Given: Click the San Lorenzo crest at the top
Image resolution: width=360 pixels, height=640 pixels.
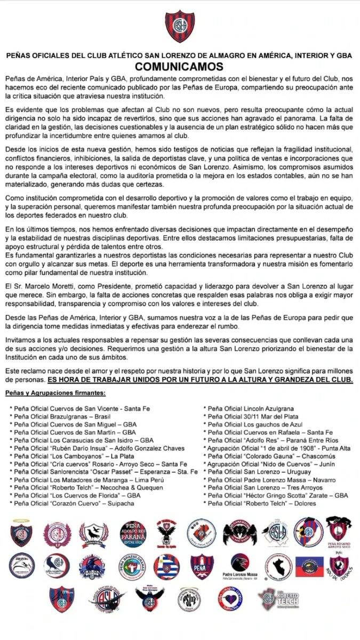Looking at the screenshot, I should coord(180,26).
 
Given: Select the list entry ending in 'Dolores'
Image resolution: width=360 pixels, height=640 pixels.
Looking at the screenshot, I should coord(260,503).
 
